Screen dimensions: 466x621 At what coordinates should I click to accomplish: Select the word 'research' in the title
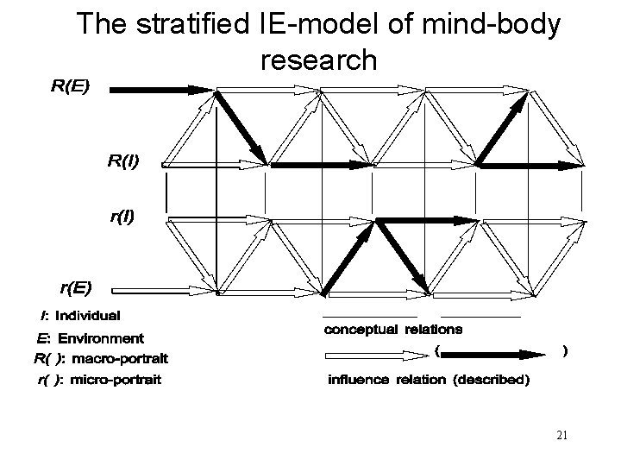(x=317, y=60)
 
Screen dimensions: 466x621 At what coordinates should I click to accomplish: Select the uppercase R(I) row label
(x=123, y=160)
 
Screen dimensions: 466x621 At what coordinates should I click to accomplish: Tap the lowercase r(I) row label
(x=122, y=217)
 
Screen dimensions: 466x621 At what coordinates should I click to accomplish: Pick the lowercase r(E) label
(x=77, y=287)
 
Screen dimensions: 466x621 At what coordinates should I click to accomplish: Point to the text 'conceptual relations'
(x=392, y=329)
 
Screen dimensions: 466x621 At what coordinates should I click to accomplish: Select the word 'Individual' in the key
(x=88, y=316)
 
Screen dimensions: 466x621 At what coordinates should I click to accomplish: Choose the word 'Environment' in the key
(x=97, y=337)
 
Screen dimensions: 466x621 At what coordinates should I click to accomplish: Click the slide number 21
(x=561, y=435)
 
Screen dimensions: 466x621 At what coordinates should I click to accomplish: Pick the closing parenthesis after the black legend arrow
(x=564, y=351)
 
